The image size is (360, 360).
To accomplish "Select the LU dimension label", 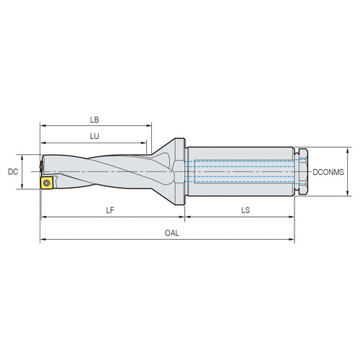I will coord(94,135).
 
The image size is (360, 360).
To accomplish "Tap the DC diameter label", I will coord(12,172).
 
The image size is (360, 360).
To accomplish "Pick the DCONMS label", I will coord(330,172).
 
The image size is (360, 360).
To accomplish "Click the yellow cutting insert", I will coord(46,184).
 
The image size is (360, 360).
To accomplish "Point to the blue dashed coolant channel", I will coord(241,171).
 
